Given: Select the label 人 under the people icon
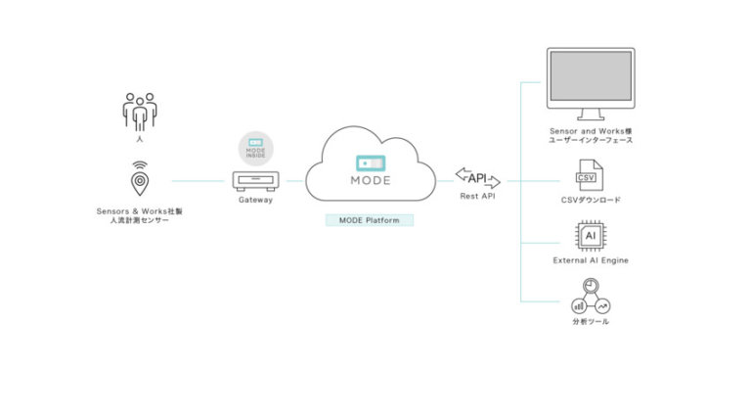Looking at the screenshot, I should click(x=139, y=140).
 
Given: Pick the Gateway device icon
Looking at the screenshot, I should click(x=256, y=180).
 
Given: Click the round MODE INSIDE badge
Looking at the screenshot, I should click(x=256, y=148).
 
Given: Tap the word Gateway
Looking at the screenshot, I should click(x=256, y=200).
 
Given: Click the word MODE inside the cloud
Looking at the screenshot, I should click(x=370, y=181).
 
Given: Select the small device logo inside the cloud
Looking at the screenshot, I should click(x=370, y=162).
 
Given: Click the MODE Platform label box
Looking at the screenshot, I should click(x=370, y=220).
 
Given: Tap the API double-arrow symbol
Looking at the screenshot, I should click(x=478, y=178).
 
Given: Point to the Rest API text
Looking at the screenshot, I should click(x=478, y=196).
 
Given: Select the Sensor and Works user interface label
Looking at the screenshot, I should click(x=591, y=135).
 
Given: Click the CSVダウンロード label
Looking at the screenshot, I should click(x=591, y=200).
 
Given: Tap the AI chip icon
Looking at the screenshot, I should click(x=590, y=237).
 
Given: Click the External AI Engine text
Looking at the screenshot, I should click(x=591, y=260).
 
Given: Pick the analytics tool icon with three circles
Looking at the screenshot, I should click(x=590, y=298).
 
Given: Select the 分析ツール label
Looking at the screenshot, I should click(x=591, y=321).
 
